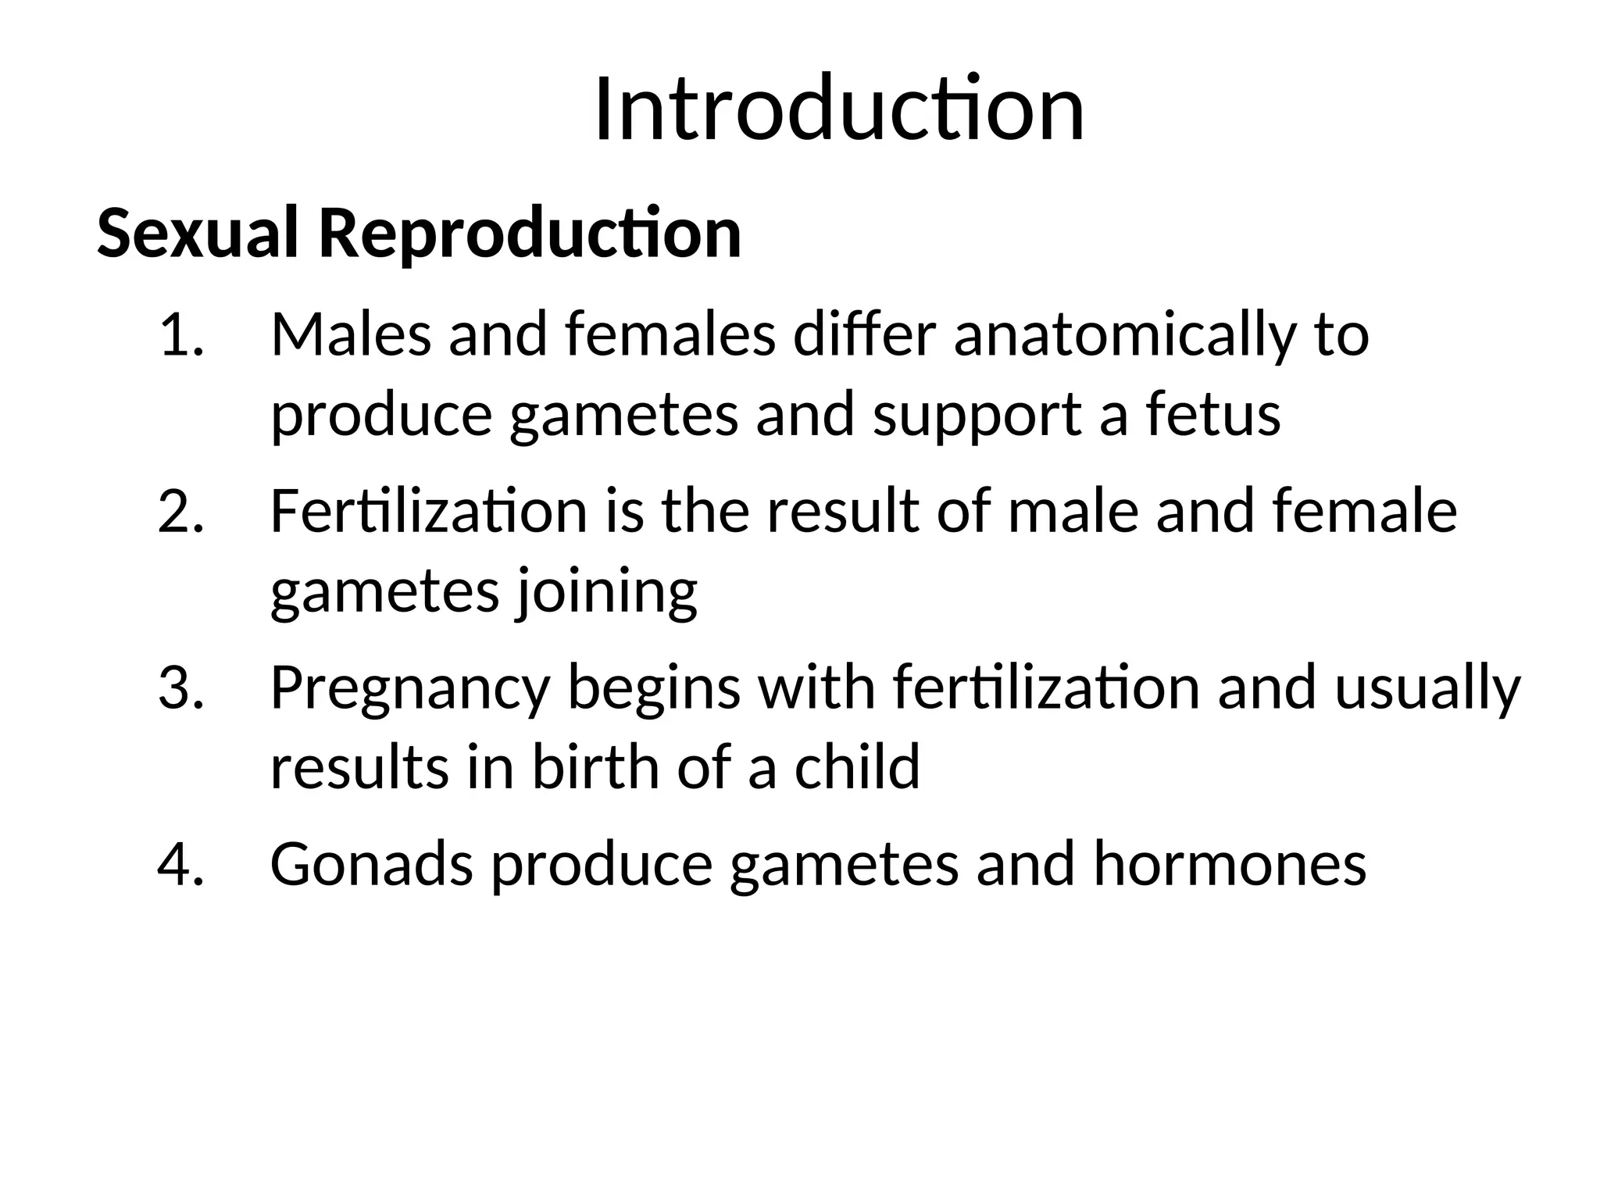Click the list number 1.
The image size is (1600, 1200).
(180, 335)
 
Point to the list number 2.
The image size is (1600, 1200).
(180, 512)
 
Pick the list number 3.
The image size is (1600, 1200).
(180, 688)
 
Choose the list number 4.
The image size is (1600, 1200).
(180, 864)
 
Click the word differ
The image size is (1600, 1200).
(865, 335)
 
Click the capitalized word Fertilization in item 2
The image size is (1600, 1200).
(429, 512)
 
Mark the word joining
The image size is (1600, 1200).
(605, 593)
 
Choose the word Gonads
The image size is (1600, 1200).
(372, 864)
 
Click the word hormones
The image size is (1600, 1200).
(1230, 864)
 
